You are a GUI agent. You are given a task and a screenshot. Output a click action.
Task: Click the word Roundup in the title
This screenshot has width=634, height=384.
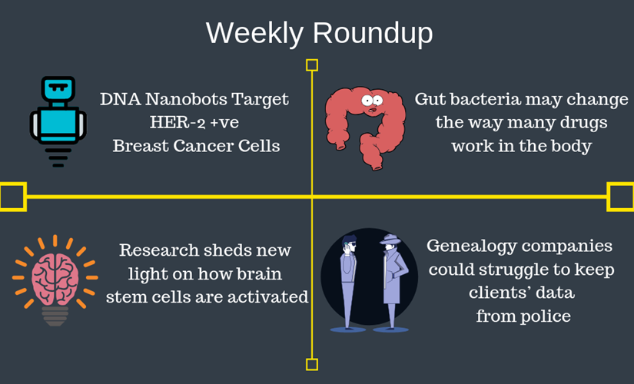(x=373, y=33)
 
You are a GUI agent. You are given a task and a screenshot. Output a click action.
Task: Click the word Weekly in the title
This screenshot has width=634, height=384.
(x=254, y=33)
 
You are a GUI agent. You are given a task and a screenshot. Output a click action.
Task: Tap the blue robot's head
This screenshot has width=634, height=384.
(x=58, y=90)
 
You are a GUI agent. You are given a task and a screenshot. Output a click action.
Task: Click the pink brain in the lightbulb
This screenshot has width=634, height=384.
(x=55, y=279)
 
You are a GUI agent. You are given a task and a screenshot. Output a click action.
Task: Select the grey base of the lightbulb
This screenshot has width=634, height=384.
(x=55, y=316)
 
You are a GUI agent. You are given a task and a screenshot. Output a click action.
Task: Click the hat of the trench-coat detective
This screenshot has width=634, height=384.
(x=390, y=239)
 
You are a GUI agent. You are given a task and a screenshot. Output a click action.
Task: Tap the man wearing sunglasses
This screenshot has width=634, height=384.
(x=348, y=282)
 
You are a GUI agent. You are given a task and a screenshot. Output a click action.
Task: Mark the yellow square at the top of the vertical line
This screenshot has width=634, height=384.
(x=312, y=65)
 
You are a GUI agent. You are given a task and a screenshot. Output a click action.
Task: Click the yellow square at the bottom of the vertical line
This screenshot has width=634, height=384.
(x=312, y=364)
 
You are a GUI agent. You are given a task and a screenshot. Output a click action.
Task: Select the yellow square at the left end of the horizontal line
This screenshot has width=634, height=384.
(x=13, y=197)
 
